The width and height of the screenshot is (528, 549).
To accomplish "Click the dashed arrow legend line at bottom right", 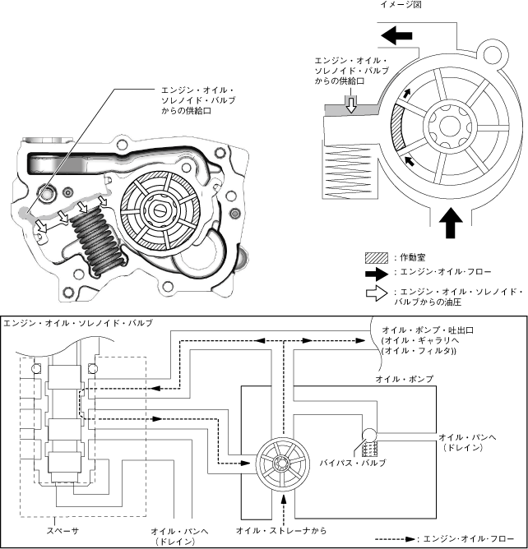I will [395, 538].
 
